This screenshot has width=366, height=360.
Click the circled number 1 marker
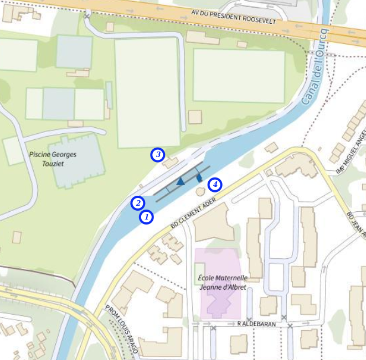(x=146, y=217)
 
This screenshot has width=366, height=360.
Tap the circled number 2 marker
(x=138, y=203)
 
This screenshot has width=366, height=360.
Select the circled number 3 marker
(x=158, y=155)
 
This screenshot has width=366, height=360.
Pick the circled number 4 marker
(x=214, y=185)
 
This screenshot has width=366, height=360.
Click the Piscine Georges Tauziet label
(x=53, y=160)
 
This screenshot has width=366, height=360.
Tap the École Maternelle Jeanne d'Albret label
(x=223, y=282)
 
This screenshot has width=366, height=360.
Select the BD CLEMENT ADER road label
(x=193, y=215)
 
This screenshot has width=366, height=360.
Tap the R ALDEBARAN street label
(x=256, y=324)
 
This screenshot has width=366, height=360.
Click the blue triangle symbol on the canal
(x=180, y=181)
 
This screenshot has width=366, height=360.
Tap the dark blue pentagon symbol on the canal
(x=198, y=179)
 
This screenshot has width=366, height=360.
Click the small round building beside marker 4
(x=200, y=191)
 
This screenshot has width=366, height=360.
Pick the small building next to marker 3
(x=170, y=163)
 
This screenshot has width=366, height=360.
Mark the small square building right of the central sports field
(x=195, y=117)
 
